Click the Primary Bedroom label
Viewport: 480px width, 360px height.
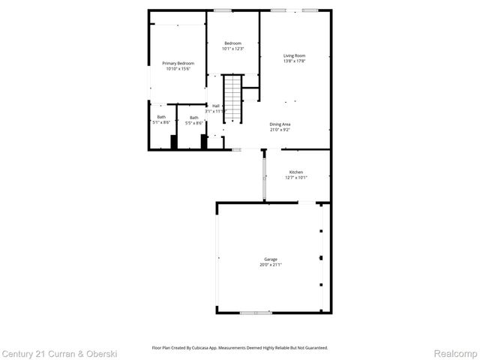[178, 63]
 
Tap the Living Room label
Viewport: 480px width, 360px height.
[294, 55]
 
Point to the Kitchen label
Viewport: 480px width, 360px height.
[296, 172]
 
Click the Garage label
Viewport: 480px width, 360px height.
[270, 259]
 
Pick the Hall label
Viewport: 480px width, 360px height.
[216, 106]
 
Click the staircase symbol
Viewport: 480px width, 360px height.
[234, 97]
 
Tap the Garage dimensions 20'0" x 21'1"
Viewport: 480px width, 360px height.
[270, 265]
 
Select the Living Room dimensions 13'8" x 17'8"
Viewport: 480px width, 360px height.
[294, 61]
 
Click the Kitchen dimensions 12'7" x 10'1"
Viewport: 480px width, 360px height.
[296, 178]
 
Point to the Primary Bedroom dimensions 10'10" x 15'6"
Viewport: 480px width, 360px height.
[178, 69]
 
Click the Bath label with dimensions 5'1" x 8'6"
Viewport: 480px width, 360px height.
[161, 116]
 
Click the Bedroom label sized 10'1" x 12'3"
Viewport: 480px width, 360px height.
[233, 43]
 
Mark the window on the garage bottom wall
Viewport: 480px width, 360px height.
[255, 312]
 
